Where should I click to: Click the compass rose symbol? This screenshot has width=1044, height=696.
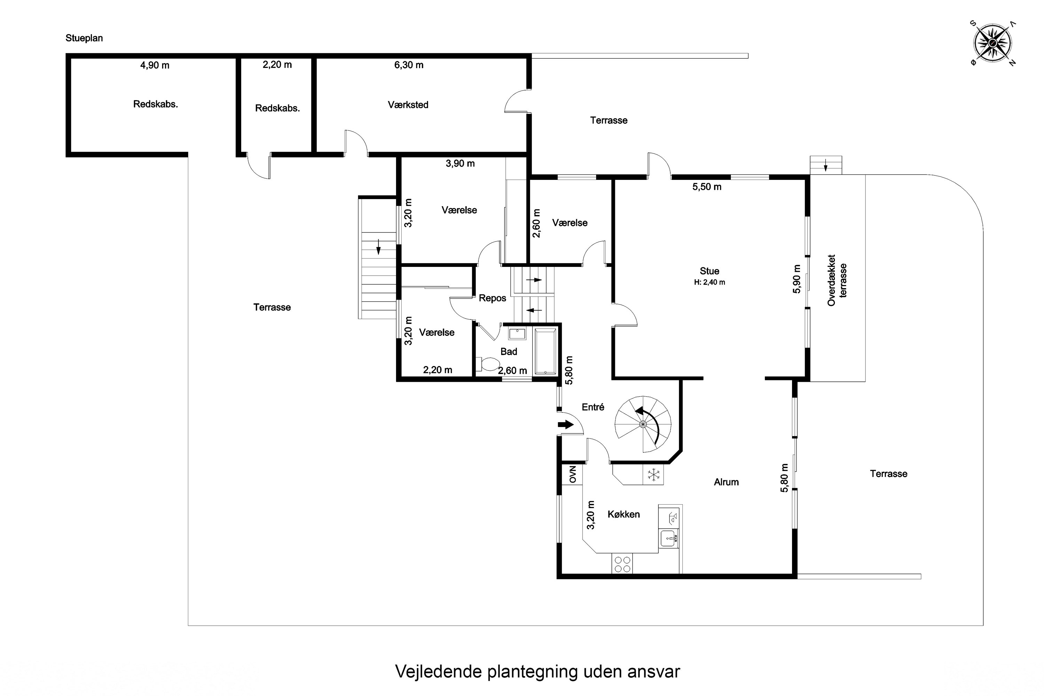coord(992,43)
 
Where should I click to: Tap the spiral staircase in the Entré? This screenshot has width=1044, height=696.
coord(643,424)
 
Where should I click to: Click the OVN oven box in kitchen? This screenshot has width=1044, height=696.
coord(572,474)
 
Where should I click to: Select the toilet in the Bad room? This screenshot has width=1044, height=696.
coord(488,364)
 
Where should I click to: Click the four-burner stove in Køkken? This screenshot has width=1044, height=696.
coord(622,564)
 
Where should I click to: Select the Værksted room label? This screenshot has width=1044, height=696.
coord(408,105)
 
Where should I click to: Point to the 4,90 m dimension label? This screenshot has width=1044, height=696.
coord(155,66)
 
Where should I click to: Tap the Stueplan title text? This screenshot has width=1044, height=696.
coord(84,38)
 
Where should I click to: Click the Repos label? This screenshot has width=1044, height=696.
coord(492,298)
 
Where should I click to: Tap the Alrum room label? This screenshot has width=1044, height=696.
coord(726,482)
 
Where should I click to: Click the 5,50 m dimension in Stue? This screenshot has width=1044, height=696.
coord(707,187)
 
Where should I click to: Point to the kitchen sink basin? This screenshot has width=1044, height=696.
coord(669,538)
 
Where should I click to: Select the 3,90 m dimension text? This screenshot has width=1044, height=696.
coord(460,164)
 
